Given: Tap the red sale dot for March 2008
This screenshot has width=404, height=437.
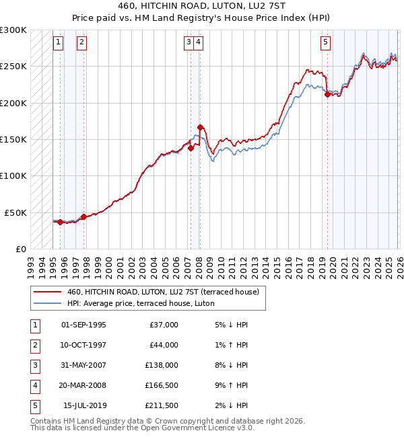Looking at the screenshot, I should coord(201,127).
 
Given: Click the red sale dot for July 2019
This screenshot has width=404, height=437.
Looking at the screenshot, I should coord(327,95).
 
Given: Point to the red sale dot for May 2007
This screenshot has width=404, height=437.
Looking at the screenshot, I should coord(191,149).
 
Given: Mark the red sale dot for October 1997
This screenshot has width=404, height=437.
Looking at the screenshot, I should coord(83,216).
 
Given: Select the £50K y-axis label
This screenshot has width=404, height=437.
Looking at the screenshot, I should coord(16,212).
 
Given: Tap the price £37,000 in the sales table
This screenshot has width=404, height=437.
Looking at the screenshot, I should coord(164,325).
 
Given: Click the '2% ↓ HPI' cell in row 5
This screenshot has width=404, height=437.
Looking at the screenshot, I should coord(232,405).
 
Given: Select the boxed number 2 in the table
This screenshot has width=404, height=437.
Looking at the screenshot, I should coord(34,345).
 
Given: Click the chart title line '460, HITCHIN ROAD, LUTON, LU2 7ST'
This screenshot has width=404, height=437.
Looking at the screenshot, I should coord(201,7).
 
